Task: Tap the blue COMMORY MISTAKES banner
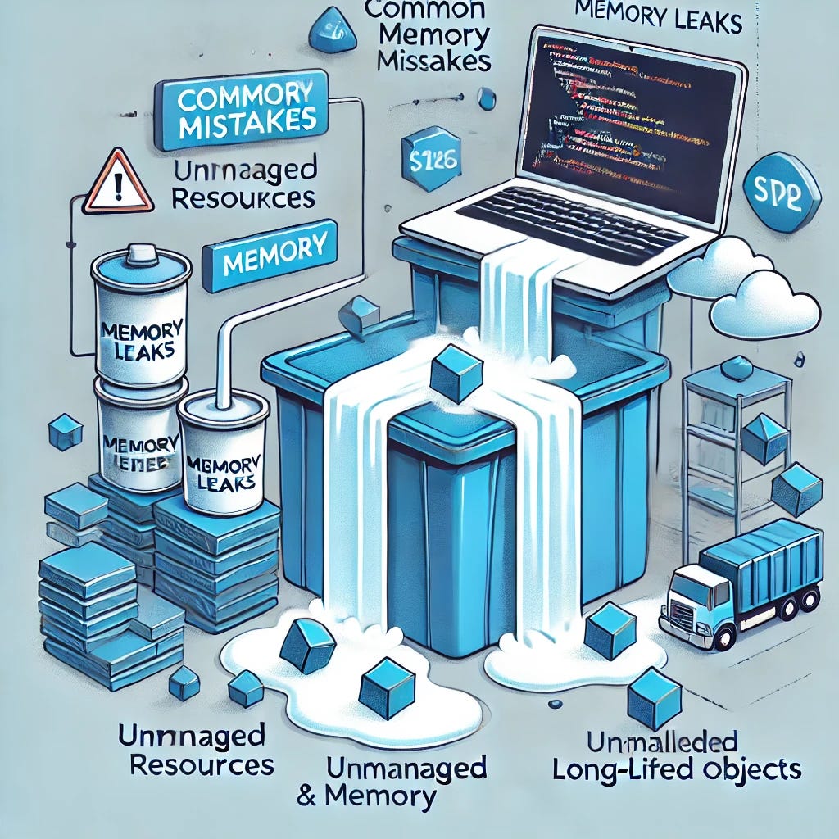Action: [x=241, y=109]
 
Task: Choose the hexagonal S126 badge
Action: [x=429, y=159]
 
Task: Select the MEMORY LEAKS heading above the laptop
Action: [x=659, y=21]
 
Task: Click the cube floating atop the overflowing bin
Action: [x=456, y=372]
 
